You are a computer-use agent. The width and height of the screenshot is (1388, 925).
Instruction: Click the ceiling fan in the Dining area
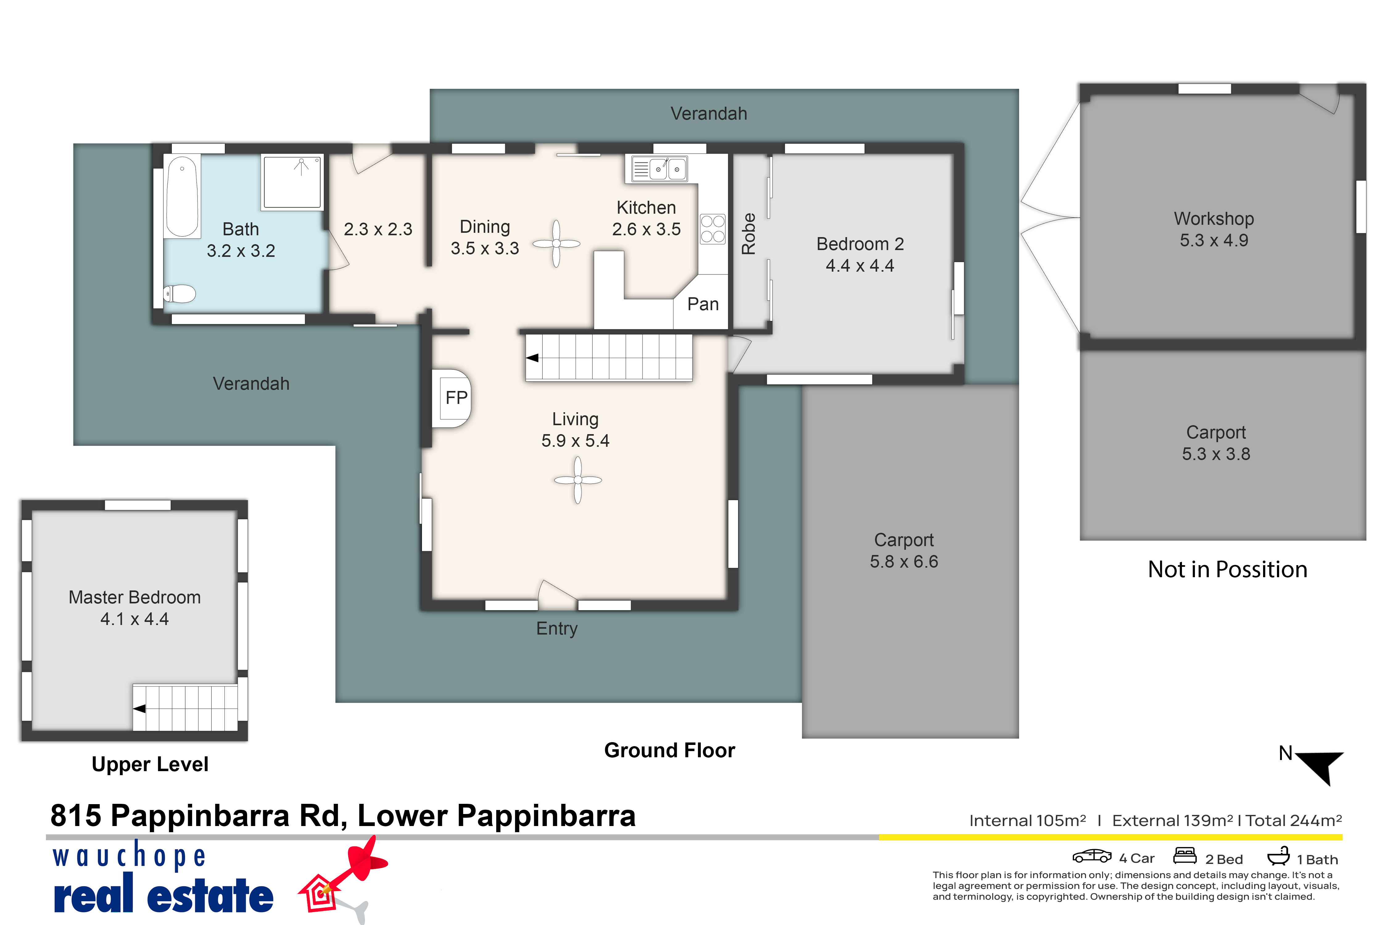(x=556, y=244)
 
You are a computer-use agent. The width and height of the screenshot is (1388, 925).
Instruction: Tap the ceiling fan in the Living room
(x=578, y=480)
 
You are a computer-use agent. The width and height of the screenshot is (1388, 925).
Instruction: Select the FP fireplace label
(x=456, y=398)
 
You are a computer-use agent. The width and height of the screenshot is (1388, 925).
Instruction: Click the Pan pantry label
(x=703, y=304)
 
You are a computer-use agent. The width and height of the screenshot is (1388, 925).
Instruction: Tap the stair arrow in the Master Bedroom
(x=139, y=709)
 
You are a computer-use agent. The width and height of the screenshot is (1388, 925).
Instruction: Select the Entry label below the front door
(x=556, y=629)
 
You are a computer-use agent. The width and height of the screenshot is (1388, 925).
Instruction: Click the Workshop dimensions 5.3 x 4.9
(x=1214, y=241)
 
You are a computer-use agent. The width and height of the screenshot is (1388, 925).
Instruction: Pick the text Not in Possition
(x=1228, y=569)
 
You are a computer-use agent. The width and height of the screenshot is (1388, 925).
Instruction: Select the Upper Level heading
(x=150, y=765)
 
